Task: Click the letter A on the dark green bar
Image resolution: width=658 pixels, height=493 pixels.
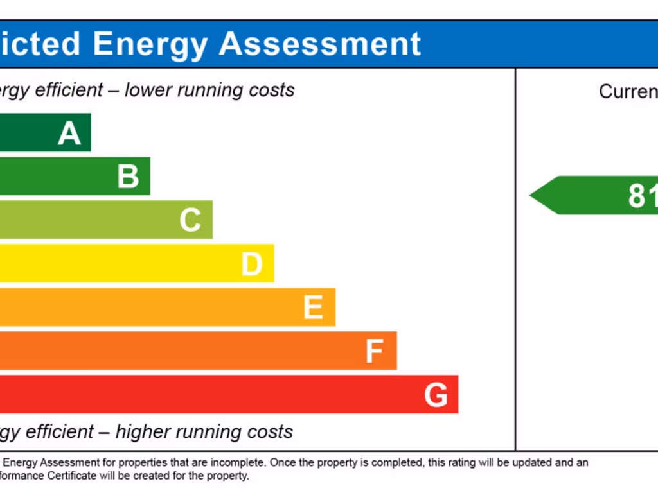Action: [x=69, y=134]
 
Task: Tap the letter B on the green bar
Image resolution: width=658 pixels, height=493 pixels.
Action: [x=128, y=177]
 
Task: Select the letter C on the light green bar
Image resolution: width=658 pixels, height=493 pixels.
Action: [x=190, y=220]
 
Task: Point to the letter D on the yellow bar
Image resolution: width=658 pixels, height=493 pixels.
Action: [x=252, y=264]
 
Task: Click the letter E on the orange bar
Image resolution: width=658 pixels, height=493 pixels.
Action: [x=313, y=307]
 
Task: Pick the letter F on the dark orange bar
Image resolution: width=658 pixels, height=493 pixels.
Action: [x=374, y=351]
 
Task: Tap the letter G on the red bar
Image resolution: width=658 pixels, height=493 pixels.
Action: [x=436, y=395]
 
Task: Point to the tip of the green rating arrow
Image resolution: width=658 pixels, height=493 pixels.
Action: [x=531, y=195]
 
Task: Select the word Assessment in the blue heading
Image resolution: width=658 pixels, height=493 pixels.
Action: [x=320, y=44]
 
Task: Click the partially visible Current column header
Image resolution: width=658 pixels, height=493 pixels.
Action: [x=628, y=92]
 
